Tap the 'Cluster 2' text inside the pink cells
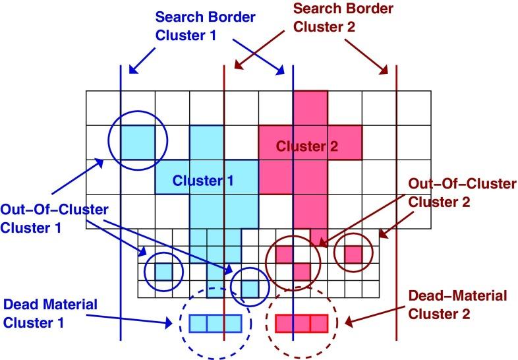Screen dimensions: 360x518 tap(306, 147)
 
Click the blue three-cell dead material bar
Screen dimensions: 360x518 tap(216, 322)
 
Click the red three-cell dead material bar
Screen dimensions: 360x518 tap(301, 323)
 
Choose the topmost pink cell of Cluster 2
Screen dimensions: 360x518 tap(310, 107)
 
